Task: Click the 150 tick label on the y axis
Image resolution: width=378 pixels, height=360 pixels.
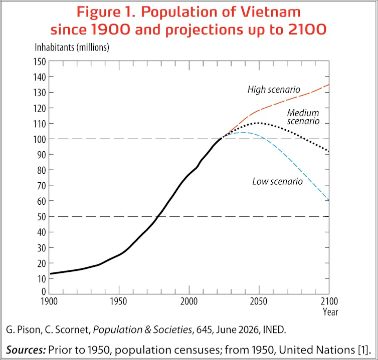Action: (40, 62)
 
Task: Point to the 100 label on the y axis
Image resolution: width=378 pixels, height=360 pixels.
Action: (40, 139)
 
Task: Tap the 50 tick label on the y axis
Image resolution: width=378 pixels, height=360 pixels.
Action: (41, 217)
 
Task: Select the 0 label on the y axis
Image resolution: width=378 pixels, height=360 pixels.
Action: (44, 291)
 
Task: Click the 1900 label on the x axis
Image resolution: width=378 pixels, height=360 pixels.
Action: (49, 301)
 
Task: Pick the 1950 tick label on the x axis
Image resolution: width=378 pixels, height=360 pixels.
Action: (119, 301)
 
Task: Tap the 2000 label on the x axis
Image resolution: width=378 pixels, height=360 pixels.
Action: (189, 301)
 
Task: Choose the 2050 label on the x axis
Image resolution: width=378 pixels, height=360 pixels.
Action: (259, 301)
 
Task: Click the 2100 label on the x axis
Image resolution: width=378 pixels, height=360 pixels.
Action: (329, 301)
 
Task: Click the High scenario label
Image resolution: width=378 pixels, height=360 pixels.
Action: (274, 90)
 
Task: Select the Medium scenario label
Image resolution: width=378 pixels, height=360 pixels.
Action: (303, 117)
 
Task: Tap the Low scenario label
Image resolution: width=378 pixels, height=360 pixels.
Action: (277, 181)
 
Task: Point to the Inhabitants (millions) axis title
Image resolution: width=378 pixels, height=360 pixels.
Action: (72, 48)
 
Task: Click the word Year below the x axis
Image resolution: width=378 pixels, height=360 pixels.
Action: (330, 312)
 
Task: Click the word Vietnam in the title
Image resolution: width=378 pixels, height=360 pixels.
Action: (271, 12)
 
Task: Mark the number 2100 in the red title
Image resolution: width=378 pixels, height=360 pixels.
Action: (307, 30)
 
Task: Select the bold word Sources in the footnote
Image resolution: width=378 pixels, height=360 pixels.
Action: (26, 349)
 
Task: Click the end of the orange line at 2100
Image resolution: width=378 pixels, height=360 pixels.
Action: (329, 85)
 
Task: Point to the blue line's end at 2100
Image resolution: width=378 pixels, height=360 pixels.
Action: (329, 200)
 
